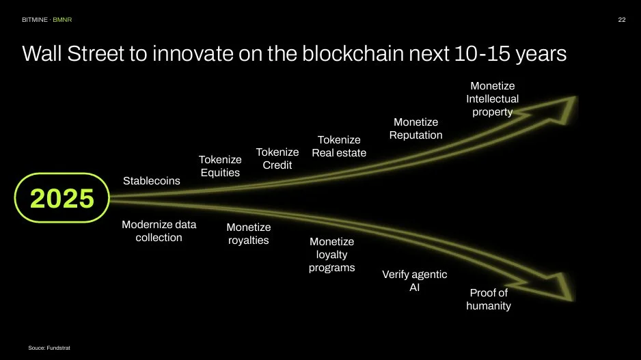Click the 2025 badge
(62, 198)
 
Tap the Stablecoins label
(151, 180)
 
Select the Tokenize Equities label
(220, 166)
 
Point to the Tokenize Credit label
(277, 158)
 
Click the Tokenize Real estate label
(339, 146)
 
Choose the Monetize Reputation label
(415, 128)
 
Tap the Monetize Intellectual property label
(492, 99)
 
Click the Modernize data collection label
(159, 231)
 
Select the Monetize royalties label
(249, 234)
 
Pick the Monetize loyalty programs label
(331, 254)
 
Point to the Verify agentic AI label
(415, 281)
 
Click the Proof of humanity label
(489, 299)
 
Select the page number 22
(622, 20)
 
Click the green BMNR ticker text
(62, 20)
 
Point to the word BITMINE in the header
(35, 20)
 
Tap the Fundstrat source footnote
(49, 348)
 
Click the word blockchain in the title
(353, 53)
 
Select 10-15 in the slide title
(482, 53)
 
